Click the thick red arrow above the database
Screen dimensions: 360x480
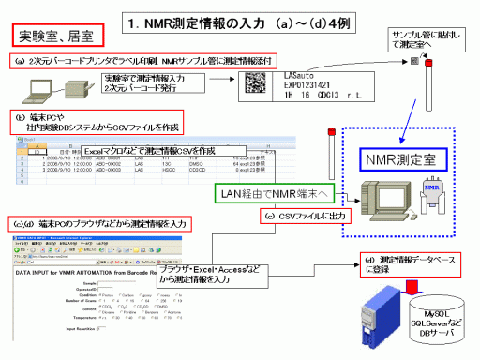[412, 286]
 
